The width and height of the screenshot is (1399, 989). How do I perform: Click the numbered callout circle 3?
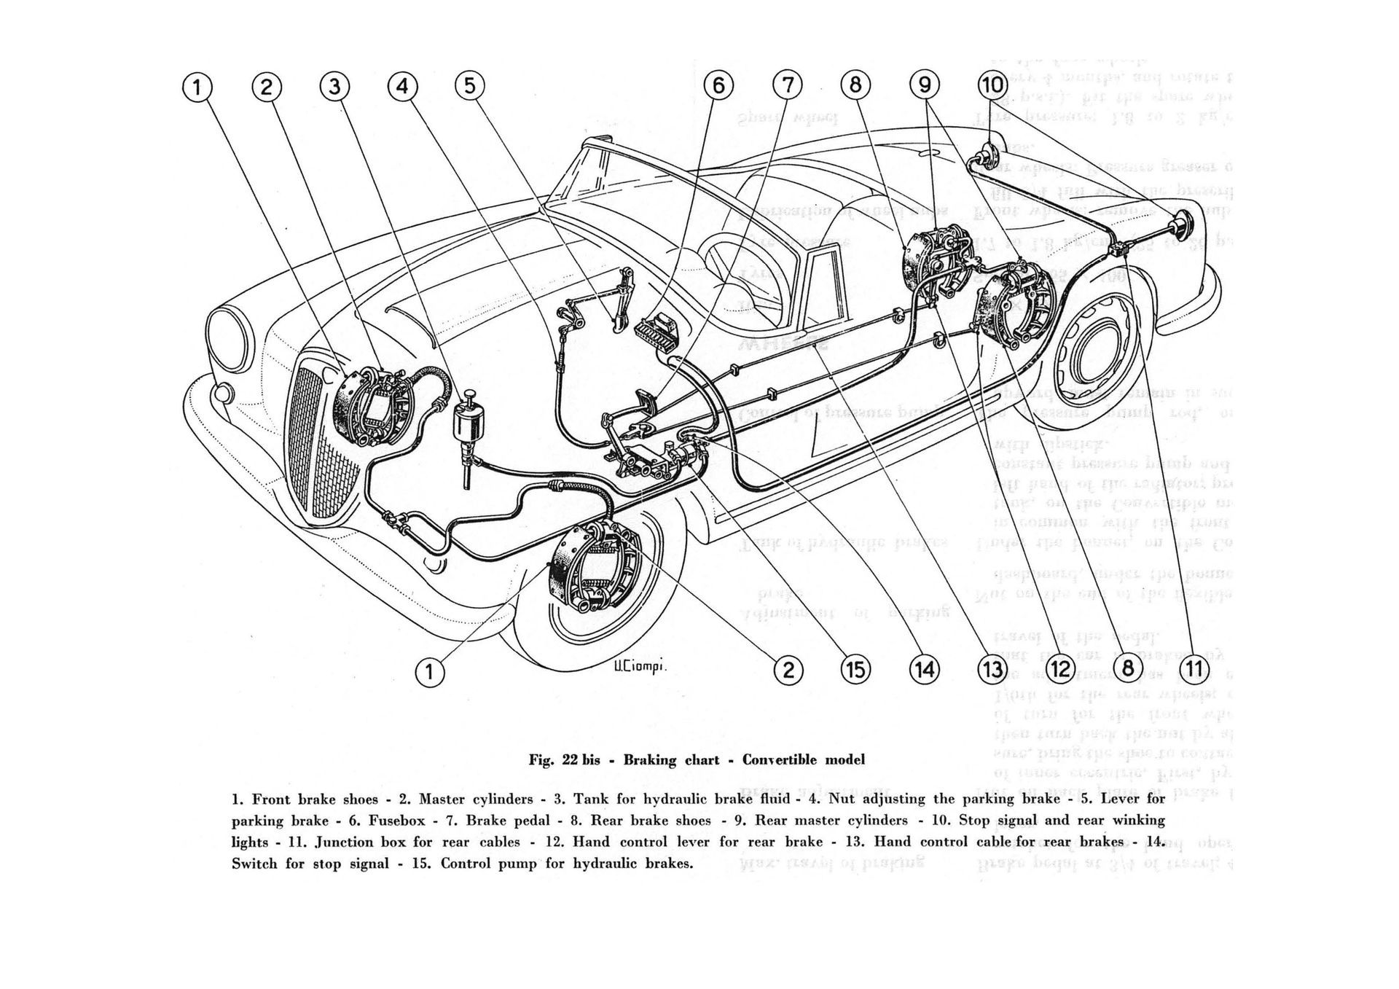pos(334,87)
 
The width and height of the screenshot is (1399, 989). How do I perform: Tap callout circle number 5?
pos(469,86)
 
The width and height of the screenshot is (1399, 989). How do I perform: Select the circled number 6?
pos(718,86)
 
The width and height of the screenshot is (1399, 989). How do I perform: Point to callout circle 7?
pos(787,86)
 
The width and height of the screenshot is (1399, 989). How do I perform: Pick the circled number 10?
pos(992,85)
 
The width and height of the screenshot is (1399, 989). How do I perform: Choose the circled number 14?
pos(924,669)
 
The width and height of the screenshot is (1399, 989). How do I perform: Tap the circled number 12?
pos(1060,669)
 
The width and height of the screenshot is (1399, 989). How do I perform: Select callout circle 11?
pos(1195,669)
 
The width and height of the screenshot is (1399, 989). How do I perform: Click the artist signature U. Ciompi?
pos(631,669)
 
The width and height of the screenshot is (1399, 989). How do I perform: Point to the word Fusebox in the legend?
pos(396,820)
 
